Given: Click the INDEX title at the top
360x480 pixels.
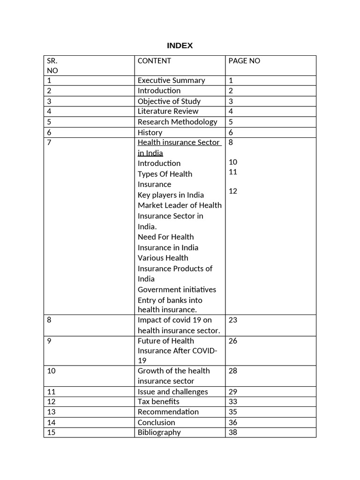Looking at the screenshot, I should [180, 45].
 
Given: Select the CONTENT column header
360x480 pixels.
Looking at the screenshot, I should [154, 61].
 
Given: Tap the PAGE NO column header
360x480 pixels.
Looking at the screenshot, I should [244, 61].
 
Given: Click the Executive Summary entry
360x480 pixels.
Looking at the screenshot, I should [171, 80].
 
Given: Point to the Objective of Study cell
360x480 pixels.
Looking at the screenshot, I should [169, 101].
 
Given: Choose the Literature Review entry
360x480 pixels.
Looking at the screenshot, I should [168, 111].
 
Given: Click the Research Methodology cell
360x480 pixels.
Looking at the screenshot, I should [177, 122].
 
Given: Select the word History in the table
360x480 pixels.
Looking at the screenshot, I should [150, 133].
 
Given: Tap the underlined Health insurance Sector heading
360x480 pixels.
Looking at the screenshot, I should [178, 142].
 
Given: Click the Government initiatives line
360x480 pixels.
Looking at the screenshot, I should [177, 290].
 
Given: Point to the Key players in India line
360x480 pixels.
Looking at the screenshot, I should [171, 195].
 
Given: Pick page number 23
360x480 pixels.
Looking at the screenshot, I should [233, 320].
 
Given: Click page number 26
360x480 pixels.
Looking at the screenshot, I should [233, 341].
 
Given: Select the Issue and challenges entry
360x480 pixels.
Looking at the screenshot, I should [172, 392].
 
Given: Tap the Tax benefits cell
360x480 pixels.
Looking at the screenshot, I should [158, 402].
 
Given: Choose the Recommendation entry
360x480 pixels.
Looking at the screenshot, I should [168, 412].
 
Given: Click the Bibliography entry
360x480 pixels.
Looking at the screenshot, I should [159, 432].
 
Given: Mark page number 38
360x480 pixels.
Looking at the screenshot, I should [233, 432].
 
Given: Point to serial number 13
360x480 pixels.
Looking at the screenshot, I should [52, 412].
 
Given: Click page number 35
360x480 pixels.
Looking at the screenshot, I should [233, 412].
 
